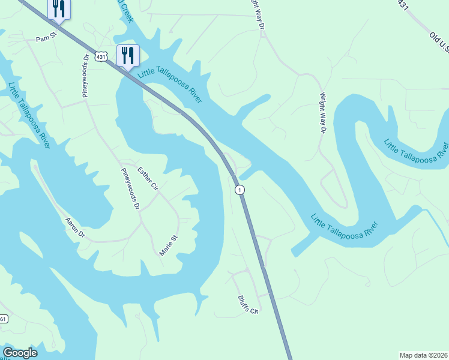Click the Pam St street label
click(x=46, y=38)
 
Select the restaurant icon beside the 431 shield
click(x=127, y=56)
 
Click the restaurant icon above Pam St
click(x=58, y=9)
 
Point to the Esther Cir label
click(x=147, y=179)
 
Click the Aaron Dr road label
click(x=75, y=227)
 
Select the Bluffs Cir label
click(x=247, y=305)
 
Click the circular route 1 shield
click(x=240, y=190)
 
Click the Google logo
click(x=20, y=353)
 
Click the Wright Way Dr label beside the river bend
click(x=323, y=112)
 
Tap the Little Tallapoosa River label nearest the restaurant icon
click(x=170, y=83)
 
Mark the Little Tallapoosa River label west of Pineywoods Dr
click(x=29, y=113)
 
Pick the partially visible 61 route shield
click(x=3, y=319)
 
